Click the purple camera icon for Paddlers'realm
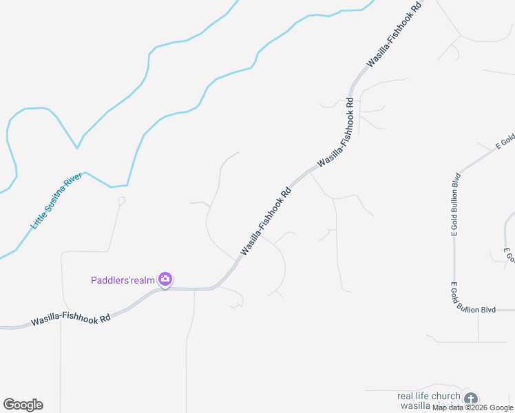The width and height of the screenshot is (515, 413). (165, 279)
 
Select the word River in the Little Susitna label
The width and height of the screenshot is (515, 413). (73, 181)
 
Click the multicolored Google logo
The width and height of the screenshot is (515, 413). (23, 405)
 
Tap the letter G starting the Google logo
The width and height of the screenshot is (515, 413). (9, 405)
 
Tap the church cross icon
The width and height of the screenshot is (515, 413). (470, 399)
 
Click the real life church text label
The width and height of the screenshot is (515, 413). (428, 396)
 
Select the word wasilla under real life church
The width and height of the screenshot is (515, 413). (415, 406)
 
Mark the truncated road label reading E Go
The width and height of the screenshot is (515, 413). (509, 255)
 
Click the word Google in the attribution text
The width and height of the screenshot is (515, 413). (501, 407)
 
